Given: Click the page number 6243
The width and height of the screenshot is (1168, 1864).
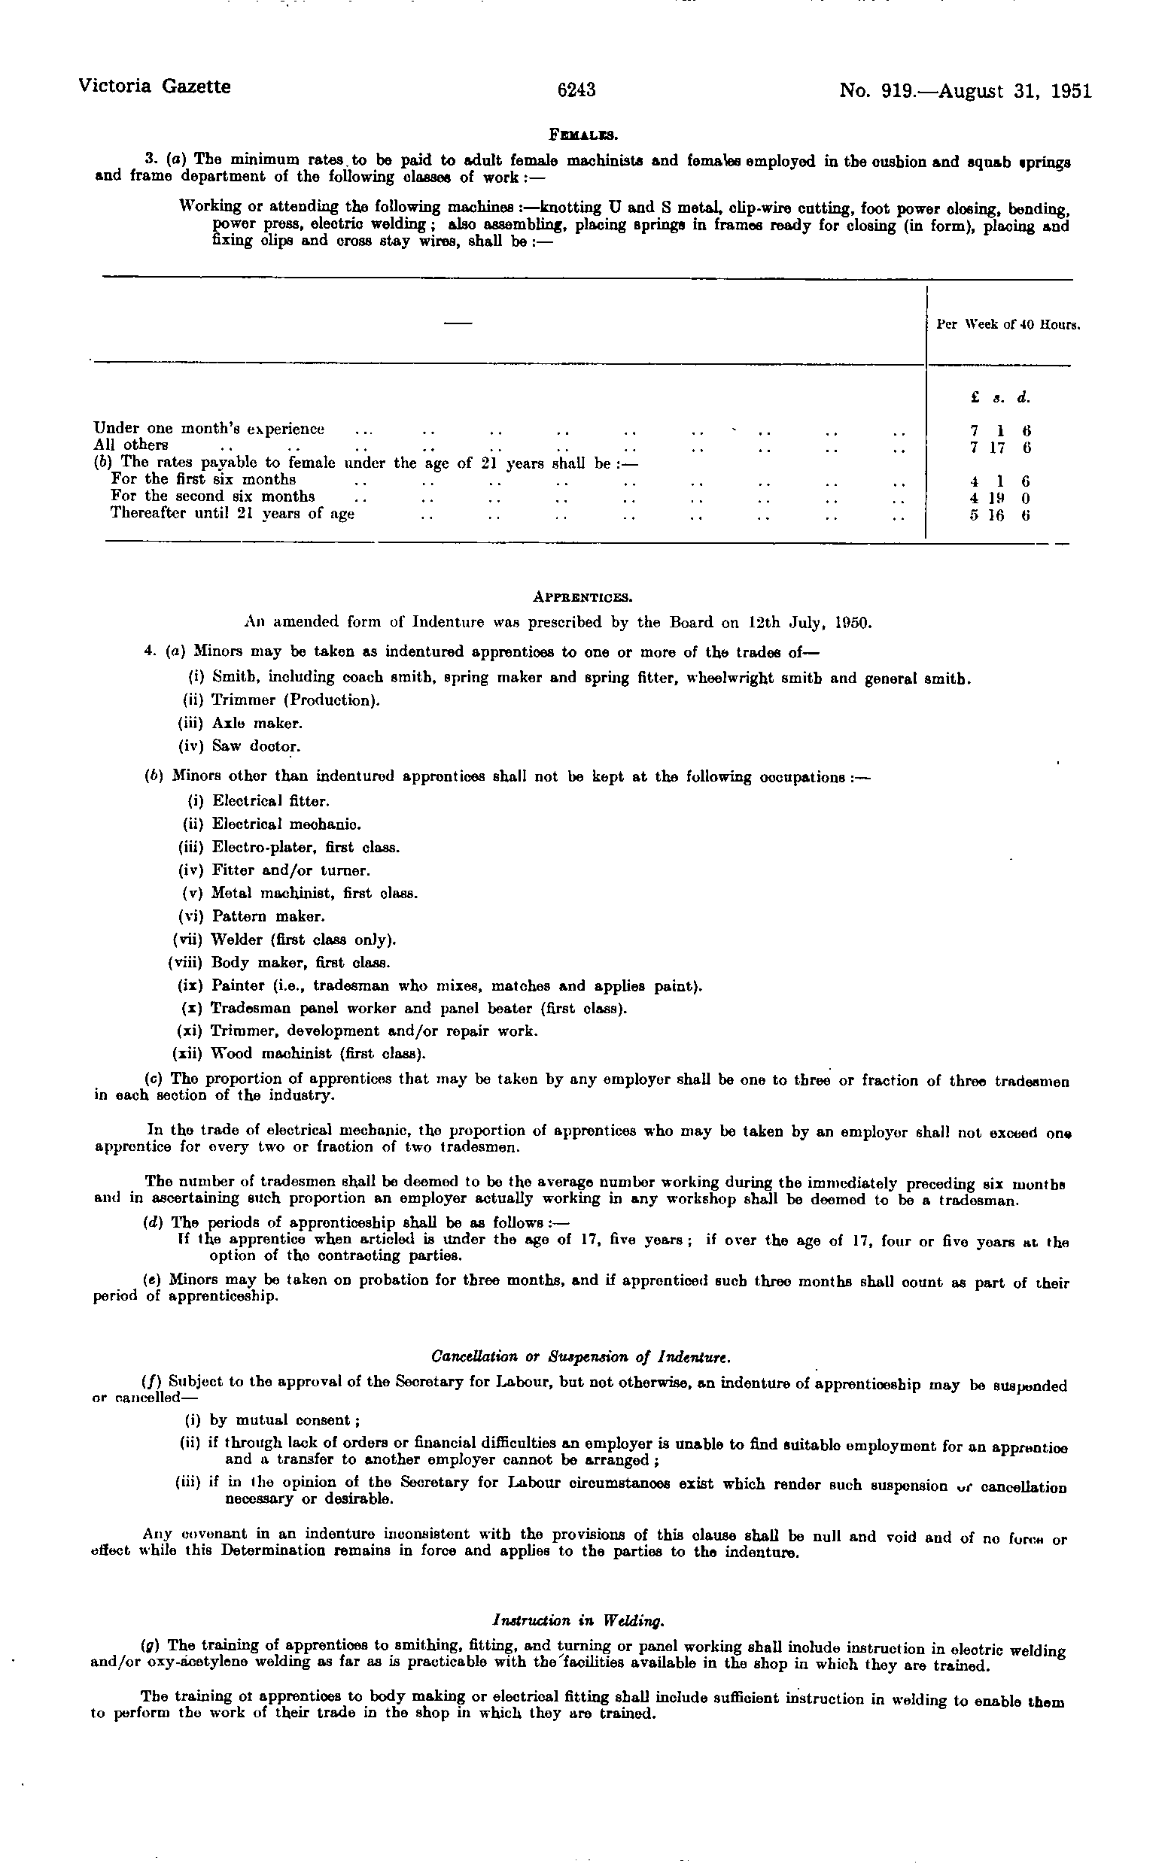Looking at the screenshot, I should pos(576,90).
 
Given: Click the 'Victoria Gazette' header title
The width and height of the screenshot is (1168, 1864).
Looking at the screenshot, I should pos(154,87).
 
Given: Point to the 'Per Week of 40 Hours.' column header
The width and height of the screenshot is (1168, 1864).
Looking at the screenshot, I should pos(1007,325).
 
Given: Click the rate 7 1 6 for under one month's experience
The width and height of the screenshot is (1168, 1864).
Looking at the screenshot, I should pos(1001,430).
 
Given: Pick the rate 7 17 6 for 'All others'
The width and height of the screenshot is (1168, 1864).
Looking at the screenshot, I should pos(1001,447).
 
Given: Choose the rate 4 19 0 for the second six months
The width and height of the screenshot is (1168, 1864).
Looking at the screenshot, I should pos(1001,498).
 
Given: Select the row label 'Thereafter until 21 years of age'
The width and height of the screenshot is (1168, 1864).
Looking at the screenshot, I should pos(233,514).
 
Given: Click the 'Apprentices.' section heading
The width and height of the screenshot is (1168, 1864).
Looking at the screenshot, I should pos(583,597).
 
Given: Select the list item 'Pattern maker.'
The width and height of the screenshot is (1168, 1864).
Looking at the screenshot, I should pos(269,916).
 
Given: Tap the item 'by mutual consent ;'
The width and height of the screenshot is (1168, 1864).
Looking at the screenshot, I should pos(285,1420).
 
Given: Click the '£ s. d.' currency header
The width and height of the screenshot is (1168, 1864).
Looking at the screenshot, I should pos(1001,399).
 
